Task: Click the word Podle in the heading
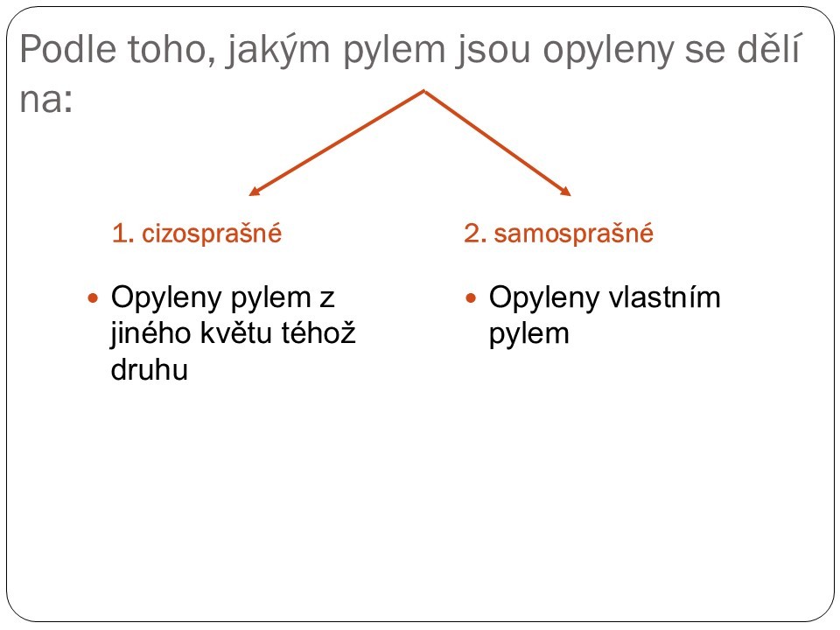pyautogui.click(x=67, y=49)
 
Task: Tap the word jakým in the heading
pyautogui.click(x=277, y=52)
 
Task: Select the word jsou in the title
pyautogui.click(x=493, y=52)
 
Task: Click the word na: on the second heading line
pyautogui.click(x=46, y=100)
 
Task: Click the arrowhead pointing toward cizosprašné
pyautogui.click(x=254, y=192)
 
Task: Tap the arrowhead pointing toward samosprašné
pyautogui.click(x=566, y=192)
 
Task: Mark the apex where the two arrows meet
pyautogui.click(x=424, y=90)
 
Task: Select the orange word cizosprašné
pyautogui.click(x=212, y=234)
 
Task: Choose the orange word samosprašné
pyautogui.click(x=573, y=234)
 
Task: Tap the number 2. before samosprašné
pyautogui.click(x=474, y=234)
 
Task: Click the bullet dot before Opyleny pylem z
pyautogui.click(x=94, y=297)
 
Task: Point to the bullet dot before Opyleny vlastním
pyautogui.click(x=471, y=297)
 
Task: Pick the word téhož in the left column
pyautogui.click(x=318, y=332)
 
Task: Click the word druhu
pyautogui.click(x=150, y=369)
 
